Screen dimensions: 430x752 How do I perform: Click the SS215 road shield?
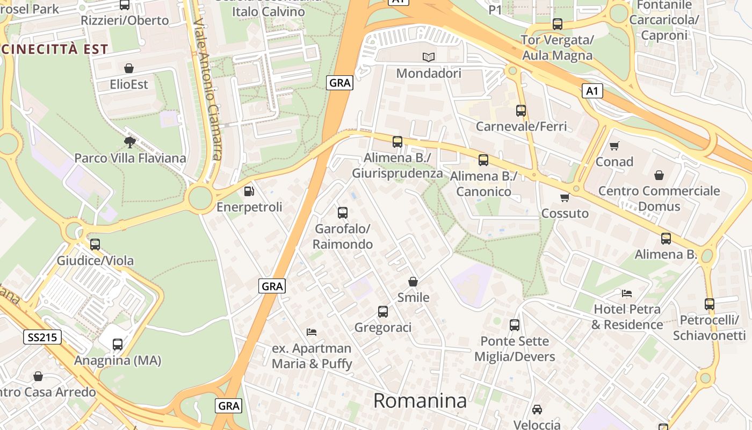42,337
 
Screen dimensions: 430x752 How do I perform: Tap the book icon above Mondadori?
428,56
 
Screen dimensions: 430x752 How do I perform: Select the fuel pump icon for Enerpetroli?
249,191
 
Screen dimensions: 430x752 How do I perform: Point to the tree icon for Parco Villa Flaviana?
129,142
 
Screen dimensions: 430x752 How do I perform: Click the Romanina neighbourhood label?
420,400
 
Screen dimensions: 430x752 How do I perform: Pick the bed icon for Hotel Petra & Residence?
627,293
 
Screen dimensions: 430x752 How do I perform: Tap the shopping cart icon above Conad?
614,146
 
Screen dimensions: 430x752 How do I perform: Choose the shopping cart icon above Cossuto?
565,197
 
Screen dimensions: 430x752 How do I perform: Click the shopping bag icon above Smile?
413,282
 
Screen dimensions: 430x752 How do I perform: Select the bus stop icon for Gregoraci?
383,312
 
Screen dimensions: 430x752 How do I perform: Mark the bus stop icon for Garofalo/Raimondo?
343,213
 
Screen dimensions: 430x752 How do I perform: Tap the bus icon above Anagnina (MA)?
118,345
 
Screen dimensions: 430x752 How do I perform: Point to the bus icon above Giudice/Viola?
95,245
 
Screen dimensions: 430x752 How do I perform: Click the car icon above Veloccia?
537,410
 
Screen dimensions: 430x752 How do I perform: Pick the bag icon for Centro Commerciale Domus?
659,175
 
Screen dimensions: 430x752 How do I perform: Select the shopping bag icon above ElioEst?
129,68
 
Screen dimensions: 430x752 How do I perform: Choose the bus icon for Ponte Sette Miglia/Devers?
515,325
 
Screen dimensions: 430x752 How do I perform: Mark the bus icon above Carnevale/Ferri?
521,111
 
